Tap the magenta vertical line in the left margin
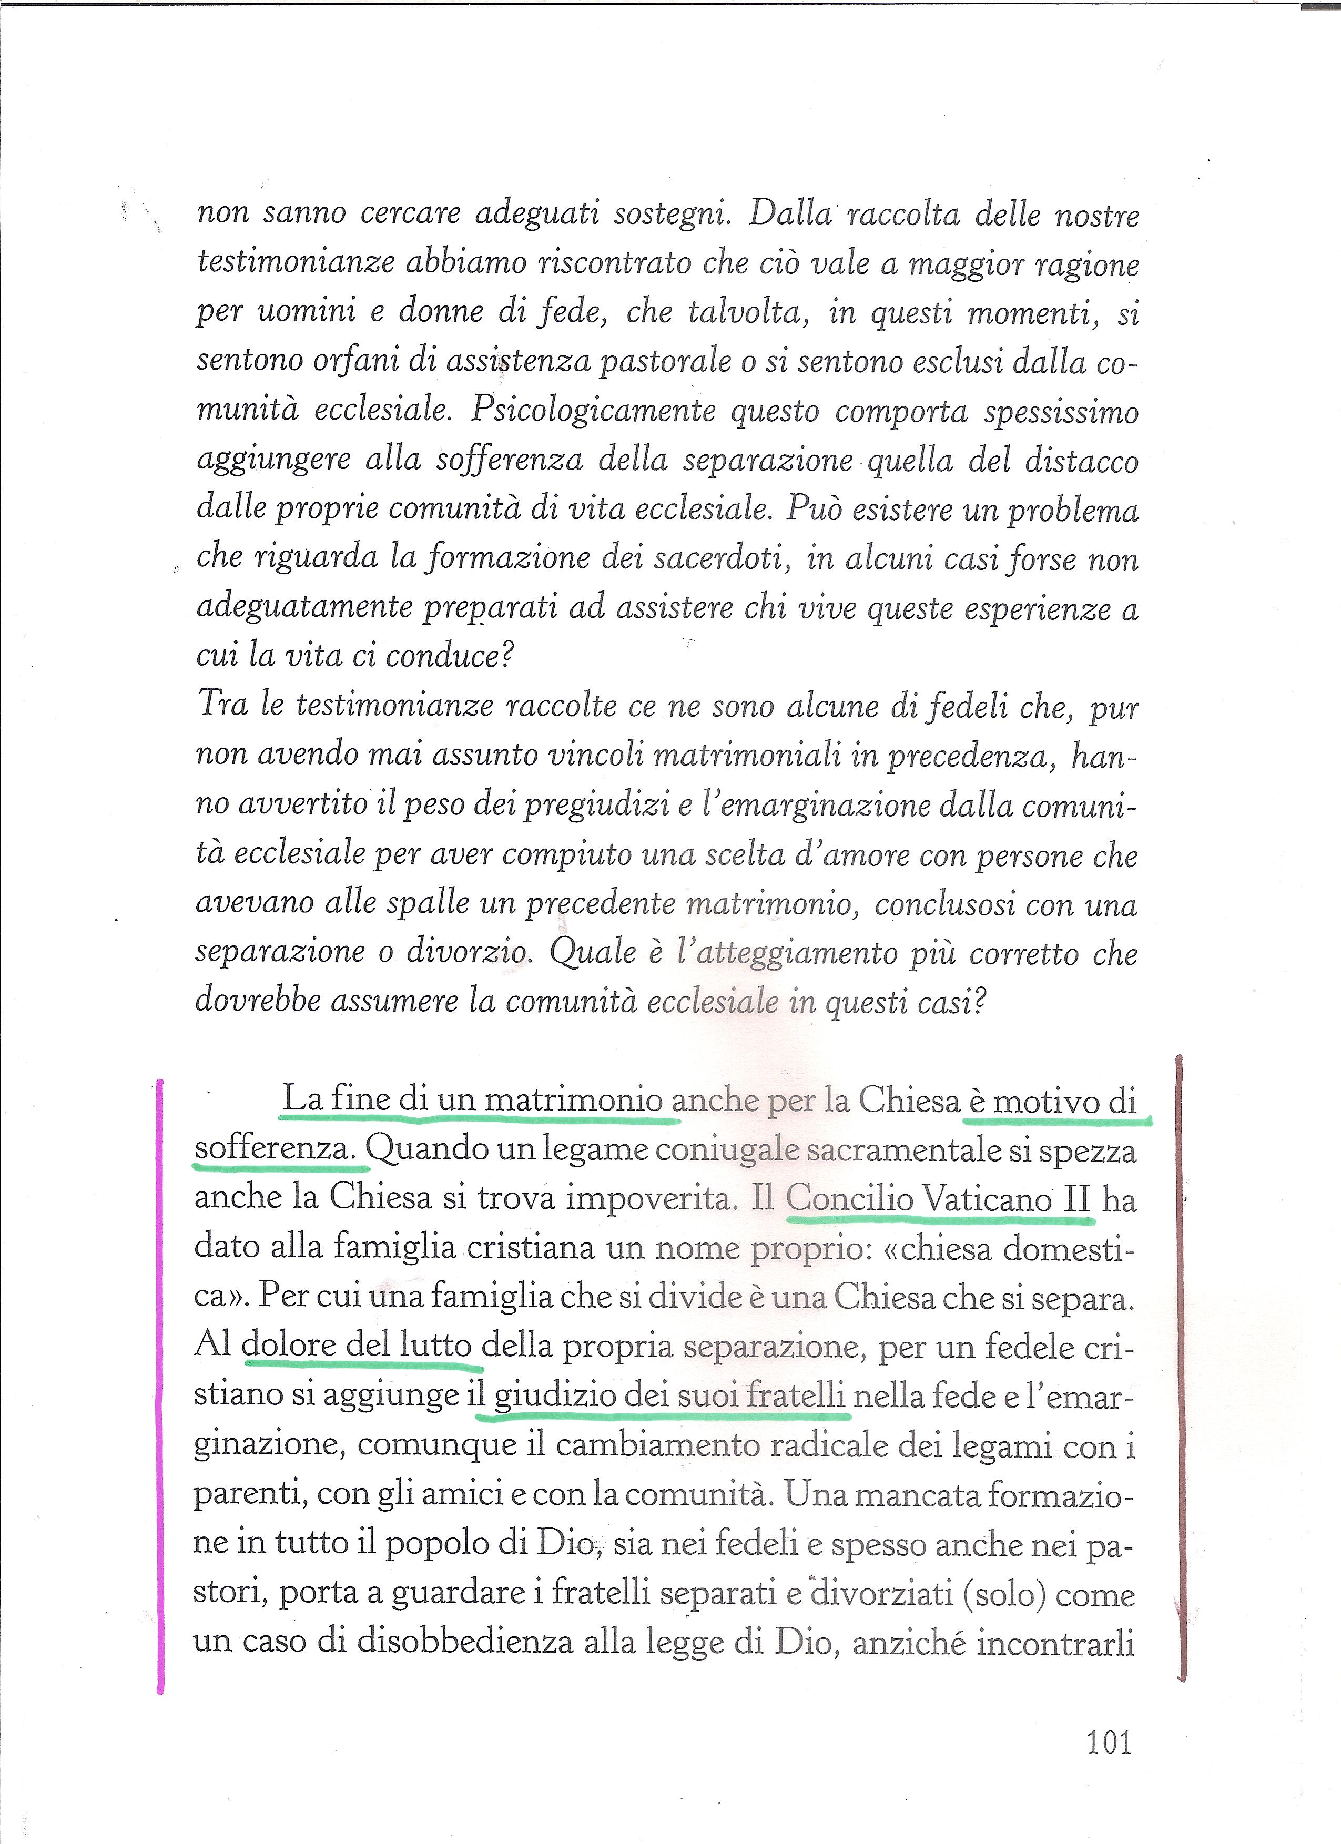tap(160, 1382)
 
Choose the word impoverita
tap(650, 1198)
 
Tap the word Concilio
tap(849, 1199)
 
